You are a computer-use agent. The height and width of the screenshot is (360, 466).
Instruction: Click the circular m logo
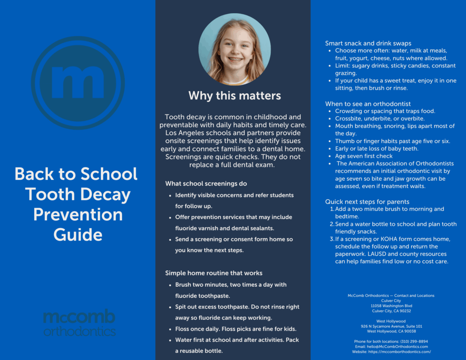coord(78,83)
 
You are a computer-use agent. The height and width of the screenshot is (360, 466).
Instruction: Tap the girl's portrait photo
coord(234,49)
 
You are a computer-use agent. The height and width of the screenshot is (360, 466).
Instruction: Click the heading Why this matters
coord(234,96)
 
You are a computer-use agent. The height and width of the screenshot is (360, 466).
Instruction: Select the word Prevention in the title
coord(78,214)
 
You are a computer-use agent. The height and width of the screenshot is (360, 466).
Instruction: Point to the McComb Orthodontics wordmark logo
coord(79,323)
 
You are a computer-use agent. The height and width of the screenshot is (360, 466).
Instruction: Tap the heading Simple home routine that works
coord(213,273)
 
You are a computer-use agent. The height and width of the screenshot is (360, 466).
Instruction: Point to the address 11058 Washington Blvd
coord(391,306)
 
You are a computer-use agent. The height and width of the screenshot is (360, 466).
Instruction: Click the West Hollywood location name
coord(391,321)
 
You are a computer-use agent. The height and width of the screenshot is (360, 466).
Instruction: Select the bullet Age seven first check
coord(364,156)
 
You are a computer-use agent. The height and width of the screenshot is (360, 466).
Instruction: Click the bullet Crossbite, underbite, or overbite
coord(380,118)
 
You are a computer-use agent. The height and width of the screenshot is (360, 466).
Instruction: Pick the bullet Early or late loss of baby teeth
coord(376,148)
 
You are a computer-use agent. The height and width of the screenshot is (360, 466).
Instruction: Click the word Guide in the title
coord(78,234)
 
